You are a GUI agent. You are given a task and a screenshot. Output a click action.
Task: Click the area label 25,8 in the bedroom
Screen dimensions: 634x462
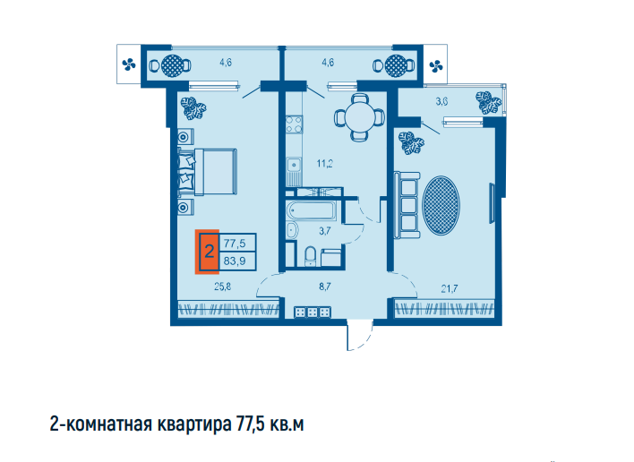tap(222, 287)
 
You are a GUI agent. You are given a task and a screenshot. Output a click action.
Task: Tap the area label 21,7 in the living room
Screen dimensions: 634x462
tap(450, 288)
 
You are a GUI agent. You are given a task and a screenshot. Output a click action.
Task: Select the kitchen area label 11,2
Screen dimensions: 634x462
tap(325, 164)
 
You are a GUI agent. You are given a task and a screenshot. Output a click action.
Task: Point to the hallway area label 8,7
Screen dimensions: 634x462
tap(325, 287)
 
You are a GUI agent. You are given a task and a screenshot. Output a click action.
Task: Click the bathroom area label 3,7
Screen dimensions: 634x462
tap(325, 231)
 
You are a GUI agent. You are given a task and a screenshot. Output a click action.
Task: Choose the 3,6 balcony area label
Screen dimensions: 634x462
tap(441, 101)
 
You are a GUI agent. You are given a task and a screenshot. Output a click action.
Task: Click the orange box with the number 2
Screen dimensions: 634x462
tap(208, 252)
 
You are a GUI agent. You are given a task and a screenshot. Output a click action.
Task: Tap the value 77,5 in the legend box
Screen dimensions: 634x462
tap(235, 244)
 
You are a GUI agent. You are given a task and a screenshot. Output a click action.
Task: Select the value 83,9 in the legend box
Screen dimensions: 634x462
tap(235, 261)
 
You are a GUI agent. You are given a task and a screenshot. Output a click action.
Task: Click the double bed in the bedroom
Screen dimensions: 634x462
tap(208, 172)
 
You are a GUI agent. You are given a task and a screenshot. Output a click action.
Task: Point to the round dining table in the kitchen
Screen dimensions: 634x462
tap(359, 118)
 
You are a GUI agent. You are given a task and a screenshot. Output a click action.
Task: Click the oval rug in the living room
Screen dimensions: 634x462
tap(441, 205)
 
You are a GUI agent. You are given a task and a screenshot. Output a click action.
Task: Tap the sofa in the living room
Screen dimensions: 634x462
tap(407, 205)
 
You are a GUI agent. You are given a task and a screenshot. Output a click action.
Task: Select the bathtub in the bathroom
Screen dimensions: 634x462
tap(311, 211)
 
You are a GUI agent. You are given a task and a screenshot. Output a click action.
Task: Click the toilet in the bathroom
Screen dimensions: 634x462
tap(311, 256)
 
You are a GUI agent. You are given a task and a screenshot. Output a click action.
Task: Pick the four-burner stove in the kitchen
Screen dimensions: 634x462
tap(294, 124)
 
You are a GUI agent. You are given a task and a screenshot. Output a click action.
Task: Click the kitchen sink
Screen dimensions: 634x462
tap(294, 165)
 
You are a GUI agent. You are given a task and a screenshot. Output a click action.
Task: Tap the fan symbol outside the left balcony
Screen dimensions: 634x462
tap(129, 64)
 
